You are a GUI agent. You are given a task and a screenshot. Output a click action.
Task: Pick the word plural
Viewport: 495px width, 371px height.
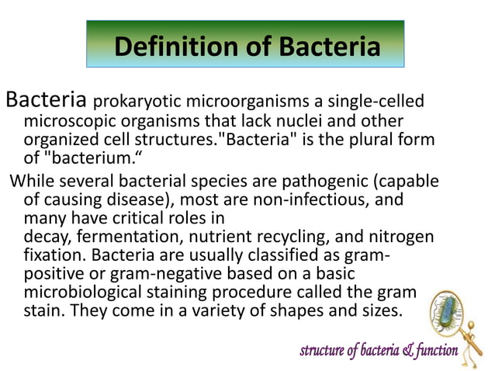coord(380,140)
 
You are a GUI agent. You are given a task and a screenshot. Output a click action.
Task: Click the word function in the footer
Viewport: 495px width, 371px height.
coord(435,352)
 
